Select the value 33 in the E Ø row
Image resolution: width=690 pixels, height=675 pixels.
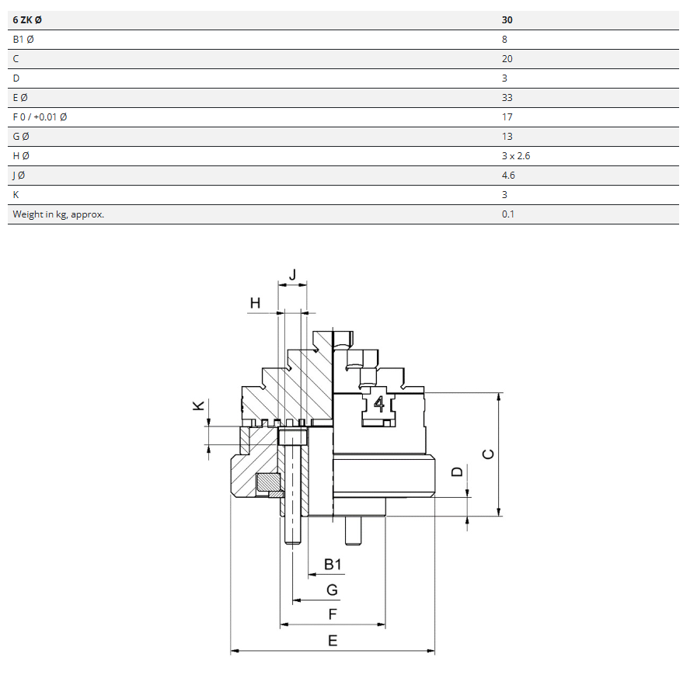507,98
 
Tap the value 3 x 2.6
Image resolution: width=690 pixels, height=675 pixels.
516,156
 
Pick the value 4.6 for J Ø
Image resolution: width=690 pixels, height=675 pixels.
508,176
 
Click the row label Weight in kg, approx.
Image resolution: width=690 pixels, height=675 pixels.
58,214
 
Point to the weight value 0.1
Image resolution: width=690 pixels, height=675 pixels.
508,214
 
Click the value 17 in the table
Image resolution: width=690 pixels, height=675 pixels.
507,117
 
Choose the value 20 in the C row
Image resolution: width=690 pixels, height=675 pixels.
507,59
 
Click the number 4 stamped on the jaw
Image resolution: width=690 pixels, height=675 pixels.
379,403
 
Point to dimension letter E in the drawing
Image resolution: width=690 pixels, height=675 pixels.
333,640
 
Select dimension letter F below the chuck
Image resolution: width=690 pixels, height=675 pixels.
333,614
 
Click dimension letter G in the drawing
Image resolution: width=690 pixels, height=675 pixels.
333,590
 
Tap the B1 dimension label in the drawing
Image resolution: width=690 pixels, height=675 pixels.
333,564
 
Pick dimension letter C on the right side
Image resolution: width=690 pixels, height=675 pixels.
488,454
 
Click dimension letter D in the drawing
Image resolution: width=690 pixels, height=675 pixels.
458,471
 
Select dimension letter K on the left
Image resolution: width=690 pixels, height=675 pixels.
198,405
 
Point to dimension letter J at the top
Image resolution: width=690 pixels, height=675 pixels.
293,274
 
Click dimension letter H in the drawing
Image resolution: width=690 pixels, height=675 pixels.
255,302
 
